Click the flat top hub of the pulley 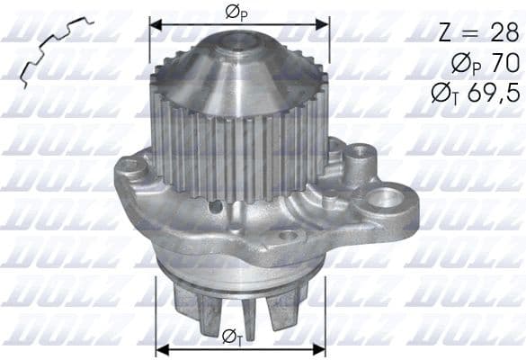[238, 40]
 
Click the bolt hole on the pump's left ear [131, 166]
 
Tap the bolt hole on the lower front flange [288, 236]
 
